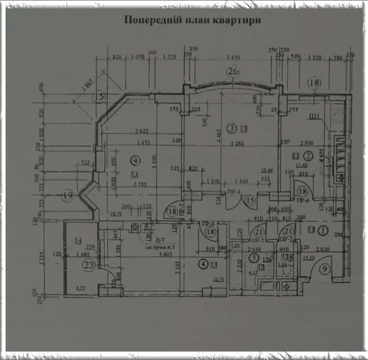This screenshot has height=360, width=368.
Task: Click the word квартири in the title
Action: pos(232,21)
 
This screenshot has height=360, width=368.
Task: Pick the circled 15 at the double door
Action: pos(250,200)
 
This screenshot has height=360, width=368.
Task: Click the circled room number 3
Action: pos(232,128)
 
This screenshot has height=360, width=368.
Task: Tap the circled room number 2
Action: pos(308,155)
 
